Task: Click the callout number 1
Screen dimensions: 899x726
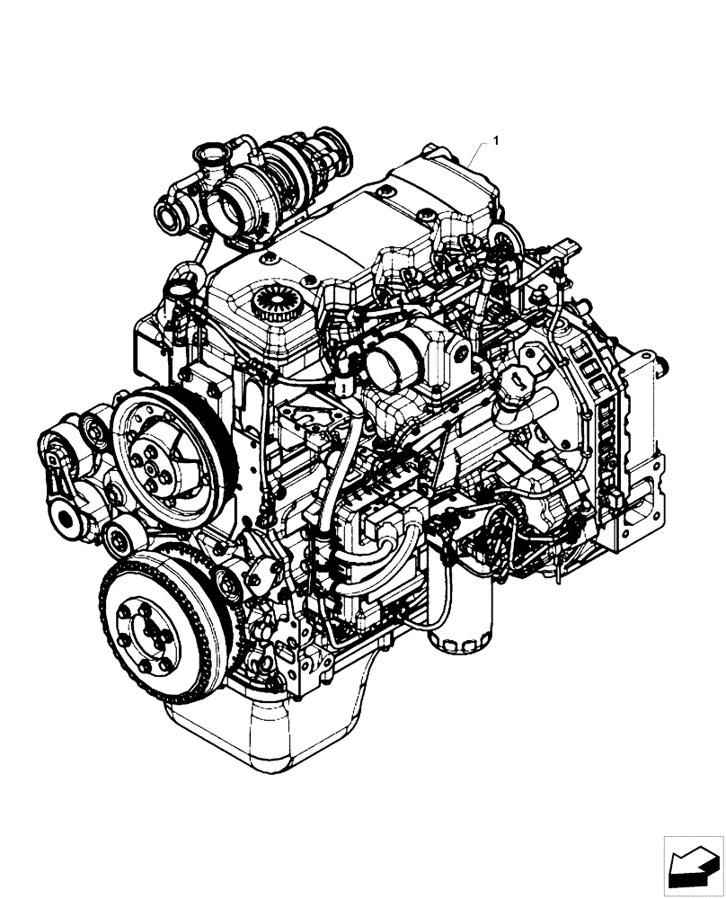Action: (497, 141)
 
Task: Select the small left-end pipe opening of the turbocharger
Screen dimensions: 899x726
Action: (168, 215)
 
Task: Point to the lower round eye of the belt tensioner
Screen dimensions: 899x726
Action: (67, 517)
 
